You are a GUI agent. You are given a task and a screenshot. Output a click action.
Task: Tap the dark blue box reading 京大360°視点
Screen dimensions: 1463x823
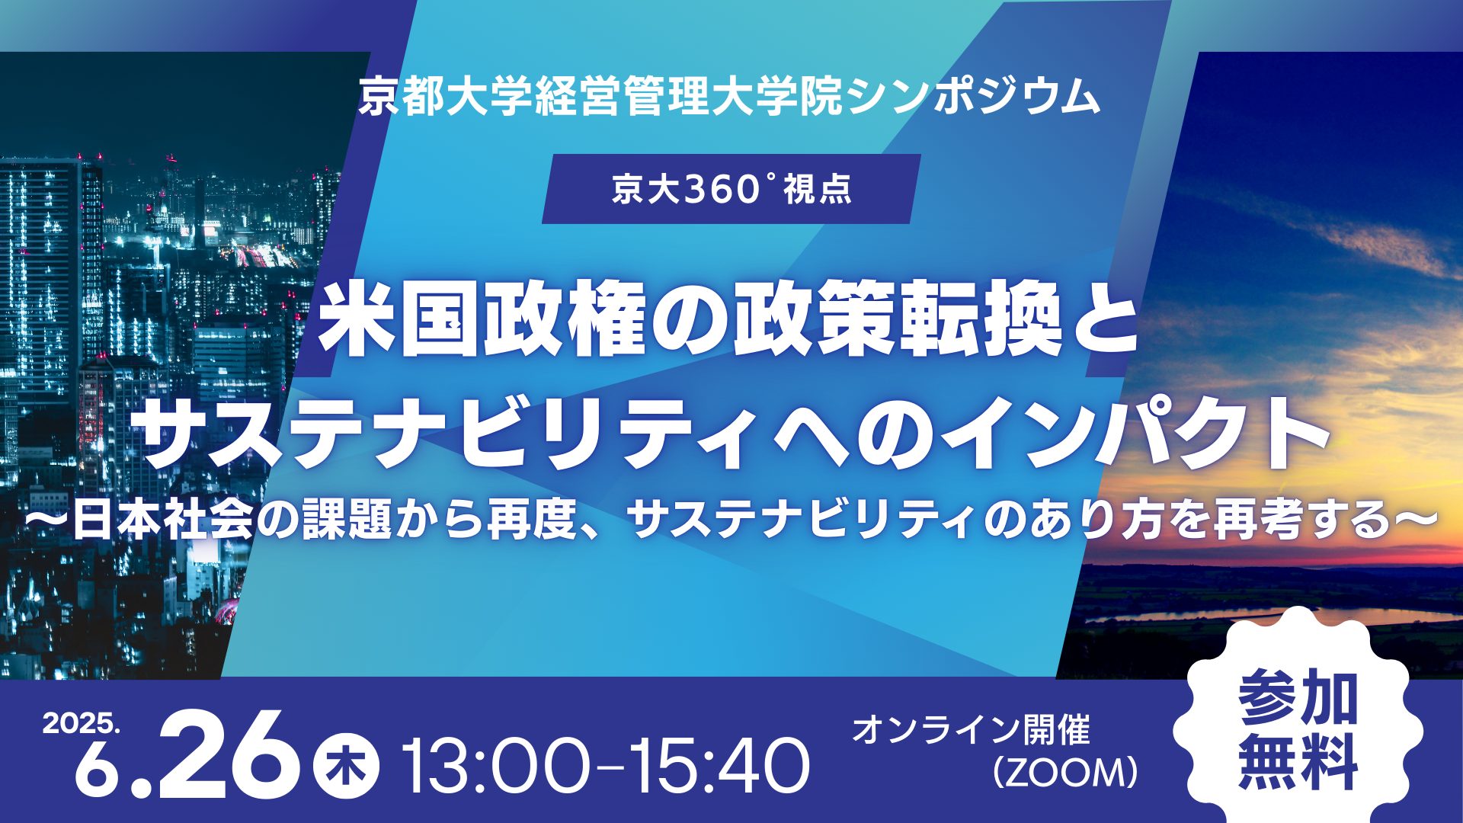pyautogui.click(x=731, y=189)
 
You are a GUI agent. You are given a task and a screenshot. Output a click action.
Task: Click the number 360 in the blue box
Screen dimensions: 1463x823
pyautogui.click(x=712, y=190)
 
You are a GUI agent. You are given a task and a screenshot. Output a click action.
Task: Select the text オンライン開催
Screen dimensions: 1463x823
pyautogui.click(x=972, y=729)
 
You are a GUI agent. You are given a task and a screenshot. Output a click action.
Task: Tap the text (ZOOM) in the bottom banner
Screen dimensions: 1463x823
pyautogui.click(x=1064, y=773)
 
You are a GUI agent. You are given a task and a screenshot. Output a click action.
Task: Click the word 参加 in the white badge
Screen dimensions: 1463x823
pyautogui.click(x=1298, y=698)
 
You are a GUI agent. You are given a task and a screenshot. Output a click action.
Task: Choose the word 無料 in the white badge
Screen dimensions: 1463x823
pyautogui.click(x=1298, y=761)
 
